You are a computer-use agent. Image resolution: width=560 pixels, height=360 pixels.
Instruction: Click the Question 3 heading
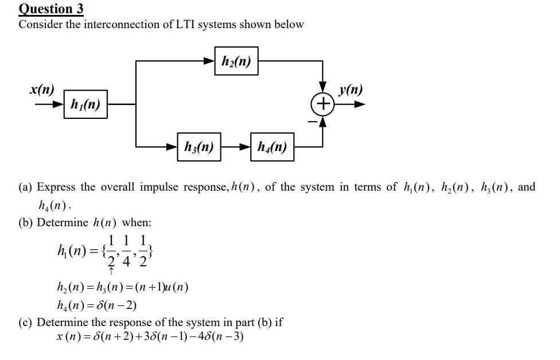(x=51, y=9)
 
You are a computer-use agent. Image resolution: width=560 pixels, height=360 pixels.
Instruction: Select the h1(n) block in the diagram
(x=85, y=104)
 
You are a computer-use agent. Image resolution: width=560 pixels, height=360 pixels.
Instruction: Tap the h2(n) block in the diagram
(x=236, y=61)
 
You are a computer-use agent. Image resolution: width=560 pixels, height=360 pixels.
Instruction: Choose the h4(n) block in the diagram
(x=272, y=148)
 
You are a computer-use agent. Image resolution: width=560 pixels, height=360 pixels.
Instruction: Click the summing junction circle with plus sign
(x=323, y=104)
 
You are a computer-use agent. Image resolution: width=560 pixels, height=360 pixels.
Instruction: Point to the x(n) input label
(x=42, y=90)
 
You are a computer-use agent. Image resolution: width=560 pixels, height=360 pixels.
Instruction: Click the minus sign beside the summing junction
(x=313, y=121)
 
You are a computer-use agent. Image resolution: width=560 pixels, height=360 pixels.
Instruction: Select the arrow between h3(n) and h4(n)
(x=236, y=148)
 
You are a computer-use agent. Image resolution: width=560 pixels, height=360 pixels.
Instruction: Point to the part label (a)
(x=26, y=187)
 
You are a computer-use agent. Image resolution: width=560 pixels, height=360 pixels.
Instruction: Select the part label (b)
(x=26, y=222)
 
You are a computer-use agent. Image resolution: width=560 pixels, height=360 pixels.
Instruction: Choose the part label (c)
(x=26, y=322)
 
